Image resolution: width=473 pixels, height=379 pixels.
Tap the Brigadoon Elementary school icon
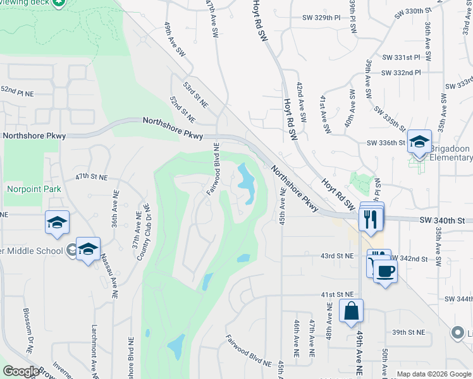pos(419,141)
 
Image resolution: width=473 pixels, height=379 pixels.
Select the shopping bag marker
pos(351,311)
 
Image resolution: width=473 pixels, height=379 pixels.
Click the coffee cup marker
pos(384,271)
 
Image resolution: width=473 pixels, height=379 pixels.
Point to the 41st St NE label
pos(337,294)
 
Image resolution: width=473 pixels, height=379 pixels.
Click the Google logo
pos(21,371)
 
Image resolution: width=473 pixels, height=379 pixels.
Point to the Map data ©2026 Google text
pos(433,374)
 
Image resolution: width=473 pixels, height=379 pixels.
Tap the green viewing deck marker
pos(58,3)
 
